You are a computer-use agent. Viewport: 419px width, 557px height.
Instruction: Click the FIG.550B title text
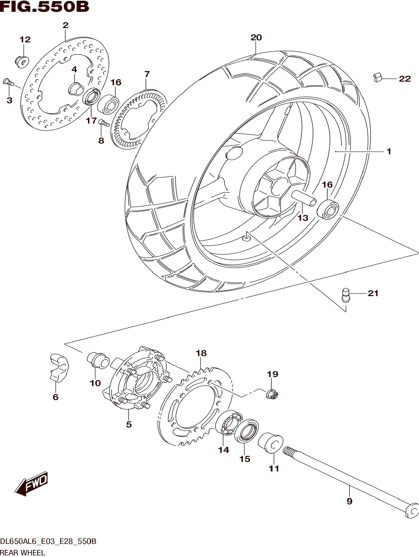(44, 7)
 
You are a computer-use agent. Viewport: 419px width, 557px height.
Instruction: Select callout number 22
(405, 79)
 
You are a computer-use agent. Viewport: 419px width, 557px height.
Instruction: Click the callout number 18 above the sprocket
(201, 353)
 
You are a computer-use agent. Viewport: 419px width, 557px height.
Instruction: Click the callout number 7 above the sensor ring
(147, 74)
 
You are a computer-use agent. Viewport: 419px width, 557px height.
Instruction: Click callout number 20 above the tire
(256, 37)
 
